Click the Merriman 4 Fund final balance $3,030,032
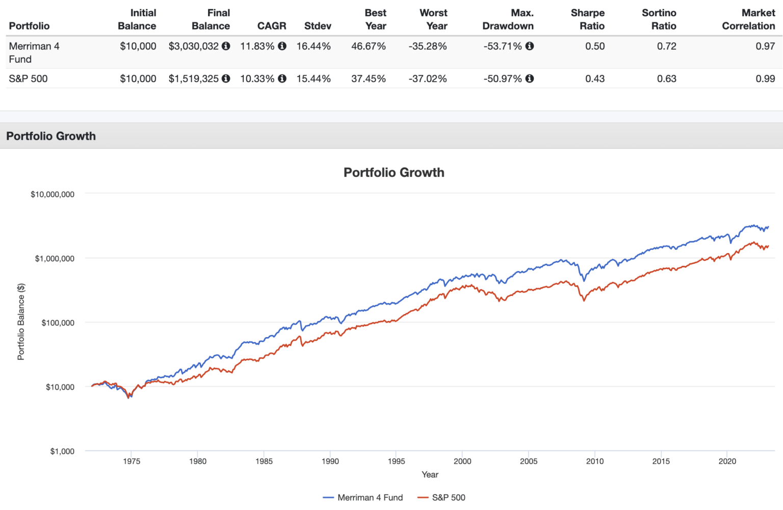194,46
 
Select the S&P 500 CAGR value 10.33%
257,79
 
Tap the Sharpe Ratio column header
587,19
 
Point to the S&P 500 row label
28,79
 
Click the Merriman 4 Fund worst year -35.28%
427,46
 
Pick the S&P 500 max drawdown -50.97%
503,79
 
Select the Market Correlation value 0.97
765,46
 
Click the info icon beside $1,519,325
226,79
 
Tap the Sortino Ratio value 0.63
666,79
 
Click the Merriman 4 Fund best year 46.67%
368,46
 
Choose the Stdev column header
318,26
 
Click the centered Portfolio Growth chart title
394,172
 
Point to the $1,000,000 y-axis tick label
55,259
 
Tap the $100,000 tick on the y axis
58,323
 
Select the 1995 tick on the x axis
396,462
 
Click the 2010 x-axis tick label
594,462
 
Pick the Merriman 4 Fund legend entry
363,497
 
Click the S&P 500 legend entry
441,497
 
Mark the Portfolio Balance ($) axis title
21,322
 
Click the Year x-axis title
430,475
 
